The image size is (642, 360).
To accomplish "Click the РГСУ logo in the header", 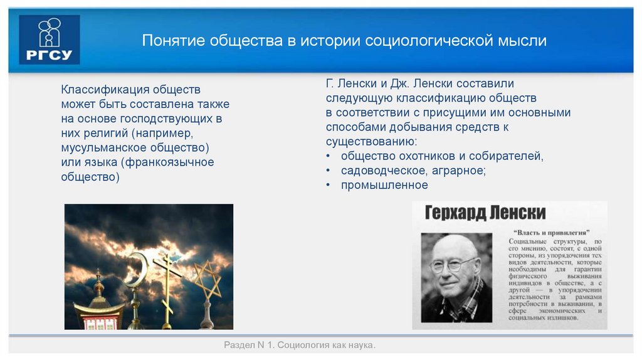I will click(x=50, y=40).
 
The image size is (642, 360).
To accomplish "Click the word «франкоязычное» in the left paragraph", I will click(x=172, y=162).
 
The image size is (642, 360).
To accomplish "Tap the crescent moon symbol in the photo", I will click(x=135, y=270).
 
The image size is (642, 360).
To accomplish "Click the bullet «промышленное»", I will click(x=384, y=185).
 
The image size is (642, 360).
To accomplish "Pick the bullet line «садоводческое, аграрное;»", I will click(x=413, y=171).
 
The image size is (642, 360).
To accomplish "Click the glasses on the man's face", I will click(x=453, y=265).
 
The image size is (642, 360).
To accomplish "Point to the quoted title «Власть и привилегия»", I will click(x=553, y=232).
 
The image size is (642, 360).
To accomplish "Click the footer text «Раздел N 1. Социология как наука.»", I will click(x=300, y=346).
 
